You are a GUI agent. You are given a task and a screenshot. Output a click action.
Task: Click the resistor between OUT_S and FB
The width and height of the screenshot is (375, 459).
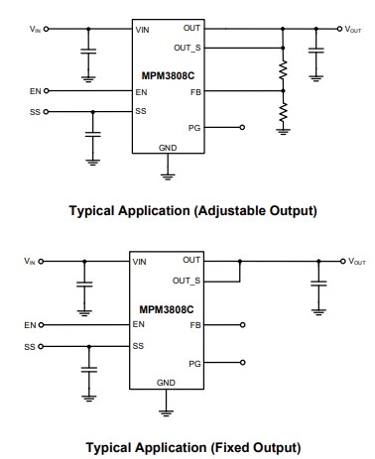(x=283, y=72)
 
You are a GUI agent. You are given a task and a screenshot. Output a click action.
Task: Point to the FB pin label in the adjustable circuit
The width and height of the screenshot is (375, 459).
(x=194, y=91)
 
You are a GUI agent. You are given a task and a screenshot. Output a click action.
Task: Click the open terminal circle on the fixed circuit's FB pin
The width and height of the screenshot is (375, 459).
(x=242, y=324)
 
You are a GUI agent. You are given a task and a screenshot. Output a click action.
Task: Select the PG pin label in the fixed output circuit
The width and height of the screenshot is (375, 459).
(x=194, y=364)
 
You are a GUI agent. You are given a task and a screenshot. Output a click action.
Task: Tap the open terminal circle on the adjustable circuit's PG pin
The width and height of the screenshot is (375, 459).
(x=242, y=127)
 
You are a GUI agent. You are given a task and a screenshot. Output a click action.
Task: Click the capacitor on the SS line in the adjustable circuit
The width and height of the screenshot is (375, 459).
(x=92, y=133)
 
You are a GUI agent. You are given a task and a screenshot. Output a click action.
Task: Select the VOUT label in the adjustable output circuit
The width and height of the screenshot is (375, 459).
(x=355, y=30)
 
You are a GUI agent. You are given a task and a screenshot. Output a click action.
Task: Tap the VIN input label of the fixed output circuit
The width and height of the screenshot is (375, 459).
(x=30, y=261)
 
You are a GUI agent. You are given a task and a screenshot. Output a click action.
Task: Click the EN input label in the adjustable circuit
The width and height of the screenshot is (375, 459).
(x=36, y=91)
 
